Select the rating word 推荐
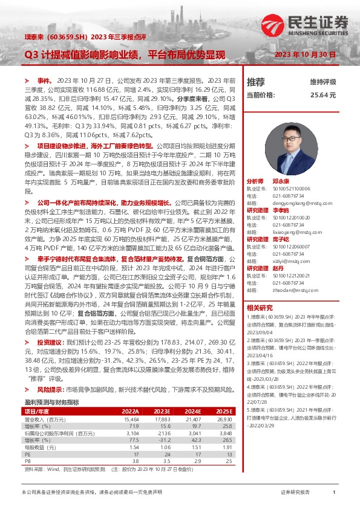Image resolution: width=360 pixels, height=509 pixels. coord(256,82)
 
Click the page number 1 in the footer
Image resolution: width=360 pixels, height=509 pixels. coord(334,493)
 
